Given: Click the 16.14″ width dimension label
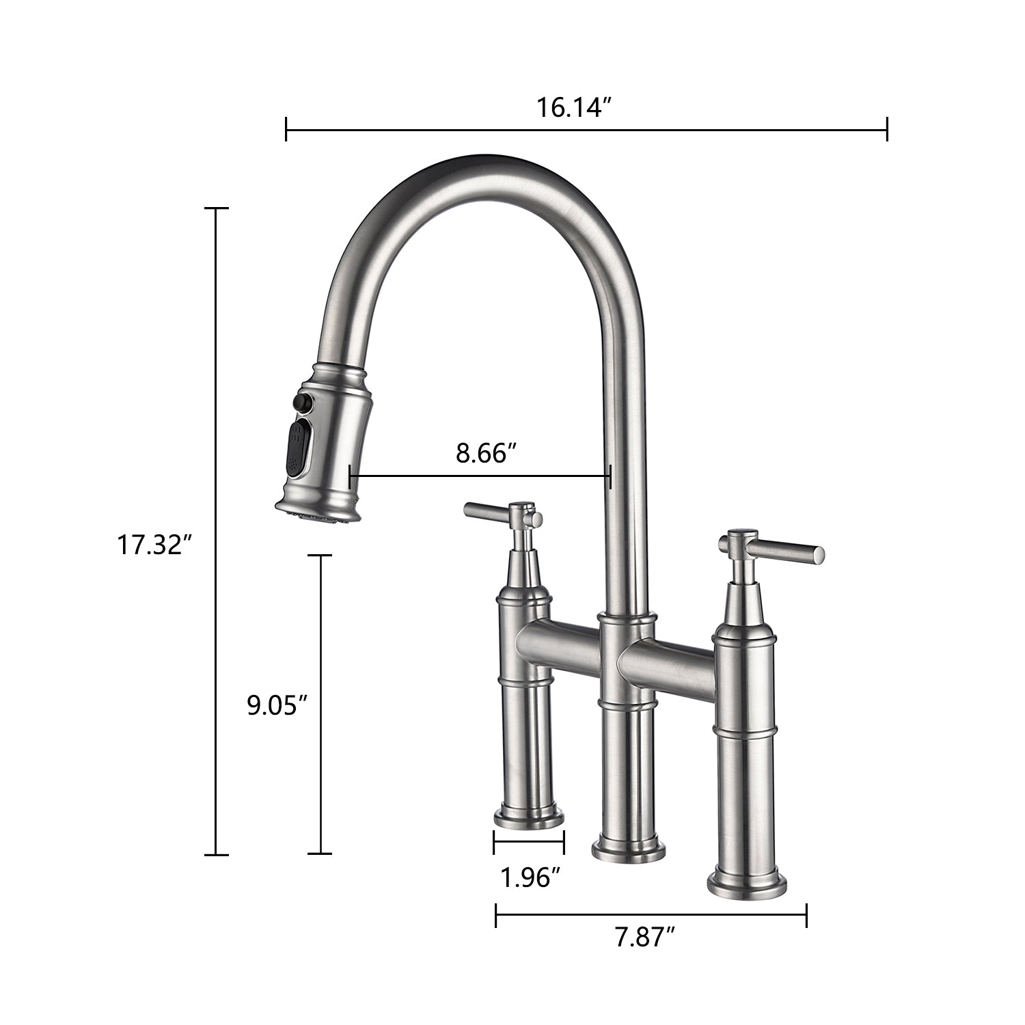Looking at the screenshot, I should point(572,107).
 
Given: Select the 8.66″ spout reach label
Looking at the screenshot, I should point(484,453).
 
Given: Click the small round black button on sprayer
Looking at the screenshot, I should point(299,402).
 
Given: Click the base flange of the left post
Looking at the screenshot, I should point(529,817).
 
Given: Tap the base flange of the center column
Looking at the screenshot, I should point(627,849).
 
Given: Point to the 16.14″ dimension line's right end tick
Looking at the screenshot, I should point(887,128).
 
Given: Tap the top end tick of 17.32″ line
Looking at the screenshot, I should point(217,208).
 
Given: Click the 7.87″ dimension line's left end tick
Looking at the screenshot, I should point(496,915).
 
